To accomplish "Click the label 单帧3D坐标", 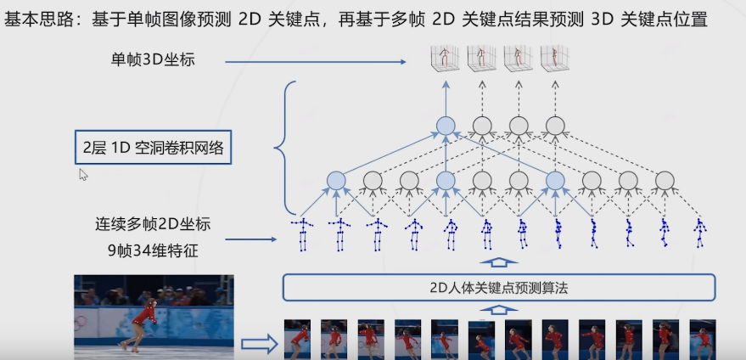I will [x=159, y=59].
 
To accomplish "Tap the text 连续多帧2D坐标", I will [x=153, y=225].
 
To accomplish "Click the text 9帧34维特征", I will [x=153, y=250].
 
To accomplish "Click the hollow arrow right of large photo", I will [x=259, y=344].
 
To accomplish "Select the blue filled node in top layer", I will [x=446, y=127].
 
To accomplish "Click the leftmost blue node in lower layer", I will [x=336, y=180].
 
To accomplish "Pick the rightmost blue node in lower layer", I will [x=555, y=180].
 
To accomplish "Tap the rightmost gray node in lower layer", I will [x=665, y=180].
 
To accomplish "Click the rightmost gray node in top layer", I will [x=555, y=127].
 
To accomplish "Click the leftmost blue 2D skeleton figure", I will [x=301, y=233].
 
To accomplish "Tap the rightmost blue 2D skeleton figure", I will [x=700, y=233].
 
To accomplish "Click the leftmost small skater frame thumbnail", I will [x=296, y=338].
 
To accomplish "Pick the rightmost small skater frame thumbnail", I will [x=699, y=338].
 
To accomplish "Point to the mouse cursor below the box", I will [x=83, y=174].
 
